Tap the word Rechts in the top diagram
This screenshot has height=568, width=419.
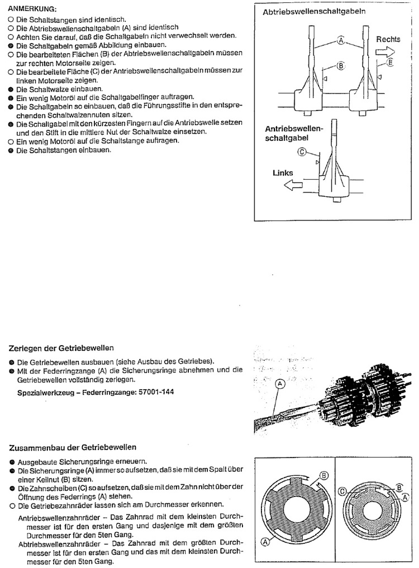(x=388, y=40)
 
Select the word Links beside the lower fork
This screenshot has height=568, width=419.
(x=283, y=173)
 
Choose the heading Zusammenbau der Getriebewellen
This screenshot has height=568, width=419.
(x=73, y=448)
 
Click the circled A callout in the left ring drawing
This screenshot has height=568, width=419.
(x=264, y=540)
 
